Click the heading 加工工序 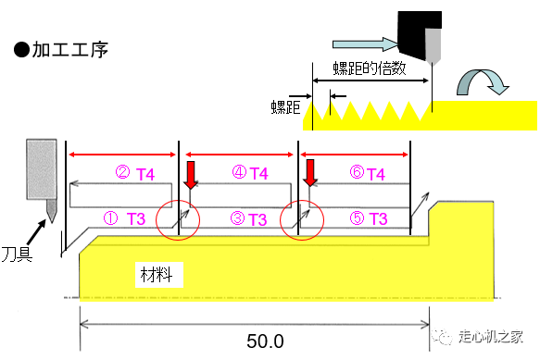click(70, 50)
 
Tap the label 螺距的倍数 click(370, 68)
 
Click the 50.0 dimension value click(265, 341)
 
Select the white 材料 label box click(159, 275)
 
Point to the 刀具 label click(17, 254)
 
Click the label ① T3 click(125, 218)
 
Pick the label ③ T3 click(248, 219)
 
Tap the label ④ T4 click(250, 173)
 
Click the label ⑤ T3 click(369, 218)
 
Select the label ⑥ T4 click(368, 173)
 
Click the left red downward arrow click(191, 175)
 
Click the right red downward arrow click(310, 173)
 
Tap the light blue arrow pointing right click(365, 44)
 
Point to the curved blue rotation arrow click(483, 82)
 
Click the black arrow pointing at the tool click(36, 232)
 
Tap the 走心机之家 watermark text click(490, 336)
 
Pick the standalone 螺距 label click(285, 107)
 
